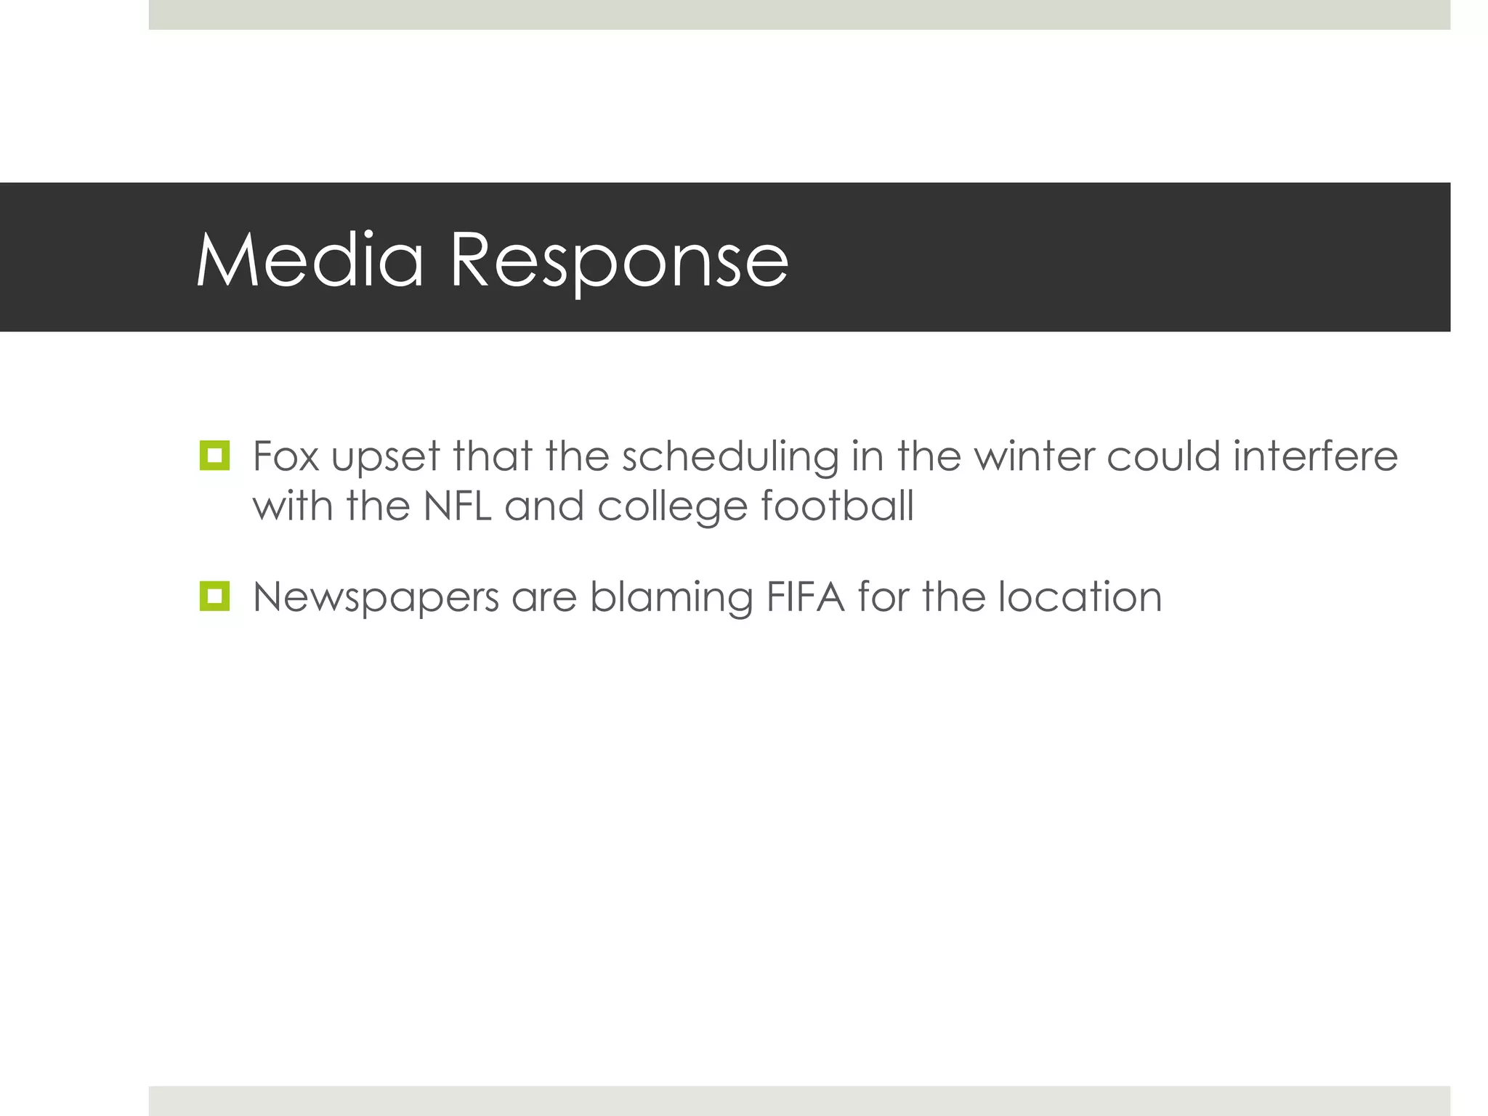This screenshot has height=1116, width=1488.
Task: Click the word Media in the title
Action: pyautogui.click(x=310, y=259)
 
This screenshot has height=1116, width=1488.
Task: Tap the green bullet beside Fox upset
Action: pyautogui.click(x=214, y=456)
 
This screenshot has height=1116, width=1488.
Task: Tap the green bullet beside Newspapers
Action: pyautogui.click(x=214, y=597)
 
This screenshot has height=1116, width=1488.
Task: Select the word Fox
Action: pyautogui.click(x=286, y=456)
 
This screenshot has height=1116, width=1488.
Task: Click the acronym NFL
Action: pyautogui.click(x=457, y=506)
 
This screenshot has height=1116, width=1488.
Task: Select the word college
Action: pyautogui.click(x=672, y=507)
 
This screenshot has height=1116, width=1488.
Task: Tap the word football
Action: pyautogui.click(x=837, y=506)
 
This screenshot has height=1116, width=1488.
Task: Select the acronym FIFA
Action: pyautogui.click(x=805, y=597)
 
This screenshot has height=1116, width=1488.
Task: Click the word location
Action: pyautogui.click(x=1080, y=597)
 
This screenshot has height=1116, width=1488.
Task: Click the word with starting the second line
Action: pyautogui.click(x=294, y=506)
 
